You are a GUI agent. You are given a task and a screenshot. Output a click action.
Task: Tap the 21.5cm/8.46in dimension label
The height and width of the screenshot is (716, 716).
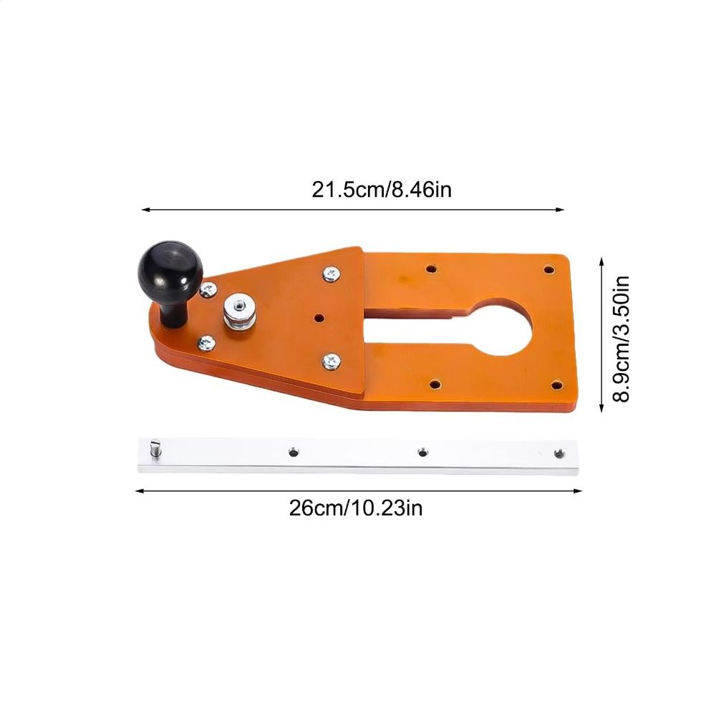tap(382, 190)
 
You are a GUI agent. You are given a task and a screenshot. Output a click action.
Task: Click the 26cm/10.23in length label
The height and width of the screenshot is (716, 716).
tap(356, 508)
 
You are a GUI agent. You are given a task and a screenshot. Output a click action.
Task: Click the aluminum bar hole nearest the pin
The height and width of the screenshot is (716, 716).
tap(292, 452)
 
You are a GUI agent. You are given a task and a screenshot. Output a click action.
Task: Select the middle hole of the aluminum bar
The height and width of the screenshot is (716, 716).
tap(422, 452)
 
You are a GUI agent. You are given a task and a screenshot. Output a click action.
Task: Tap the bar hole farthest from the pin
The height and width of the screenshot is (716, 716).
tap(558, 452)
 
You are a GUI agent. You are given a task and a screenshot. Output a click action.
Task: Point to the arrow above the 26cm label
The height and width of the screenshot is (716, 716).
tap(358, 490)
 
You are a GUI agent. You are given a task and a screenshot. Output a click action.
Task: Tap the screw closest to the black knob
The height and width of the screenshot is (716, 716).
tap(208, 290)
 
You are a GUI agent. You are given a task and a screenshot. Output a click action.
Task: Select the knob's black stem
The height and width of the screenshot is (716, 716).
tap(174, 312)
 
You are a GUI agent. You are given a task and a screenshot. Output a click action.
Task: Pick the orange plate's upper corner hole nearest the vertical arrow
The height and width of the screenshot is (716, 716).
tap(548, 271)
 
